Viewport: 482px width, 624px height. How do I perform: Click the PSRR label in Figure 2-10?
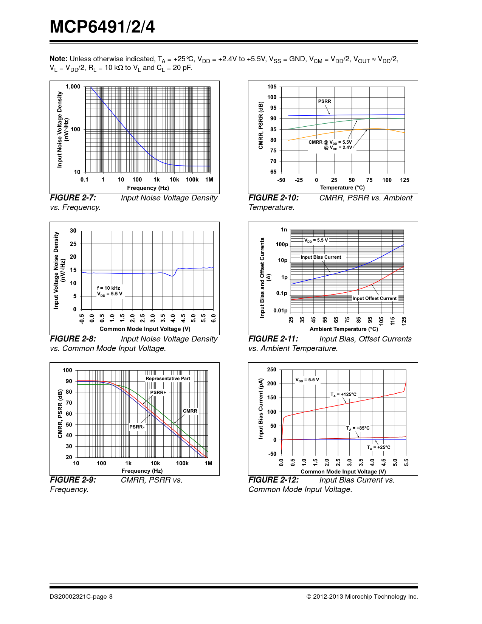[x=324, y=101]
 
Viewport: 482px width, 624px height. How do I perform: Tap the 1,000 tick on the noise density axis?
[x=73, y=87]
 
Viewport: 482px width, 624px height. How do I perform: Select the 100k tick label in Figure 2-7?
[x=192, y=180]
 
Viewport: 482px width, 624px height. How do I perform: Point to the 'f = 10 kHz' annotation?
[x=108, y=288]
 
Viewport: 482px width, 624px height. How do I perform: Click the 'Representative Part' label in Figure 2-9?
[x=168, y=379]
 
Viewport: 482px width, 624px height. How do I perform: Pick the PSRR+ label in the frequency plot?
[x=158, y=393]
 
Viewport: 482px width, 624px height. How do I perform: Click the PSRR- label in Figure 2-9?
[x=136, y=427]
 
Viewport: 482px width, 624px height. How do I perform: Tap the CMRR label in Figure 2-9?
[x=190, y=411]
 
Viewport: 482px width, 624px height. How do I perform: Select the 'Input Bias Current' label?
[x=321, y=257]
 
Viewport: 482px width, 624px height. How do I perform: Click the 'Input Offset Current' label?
[x=374, y=298]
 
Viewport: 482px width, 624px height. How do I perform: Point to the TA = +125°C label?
[x=343, y=394]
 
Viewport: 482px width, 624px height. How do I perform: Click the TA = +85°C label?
[x=358, y=428]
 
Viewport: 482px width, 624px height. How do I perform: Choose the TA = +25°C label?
[x=378, y=447]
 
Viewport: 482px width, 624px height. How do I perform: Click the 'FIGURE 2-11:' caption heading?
[x=273, y=339]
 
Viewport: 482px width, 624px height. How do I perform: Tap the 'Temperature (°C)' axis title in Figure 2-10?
[x=342, y=188]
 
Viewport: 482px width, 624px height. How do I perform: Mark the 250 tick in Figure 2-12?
[x=271, y=369]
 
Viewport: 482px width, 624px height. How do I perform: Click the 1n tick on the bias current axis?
[x=284, y=230]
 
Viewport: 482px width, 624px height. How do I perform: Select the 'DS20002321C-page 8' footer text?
[x=81, y=596]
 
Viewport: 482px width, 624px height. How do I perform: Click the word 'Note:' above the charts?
[x=59, y=59]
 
